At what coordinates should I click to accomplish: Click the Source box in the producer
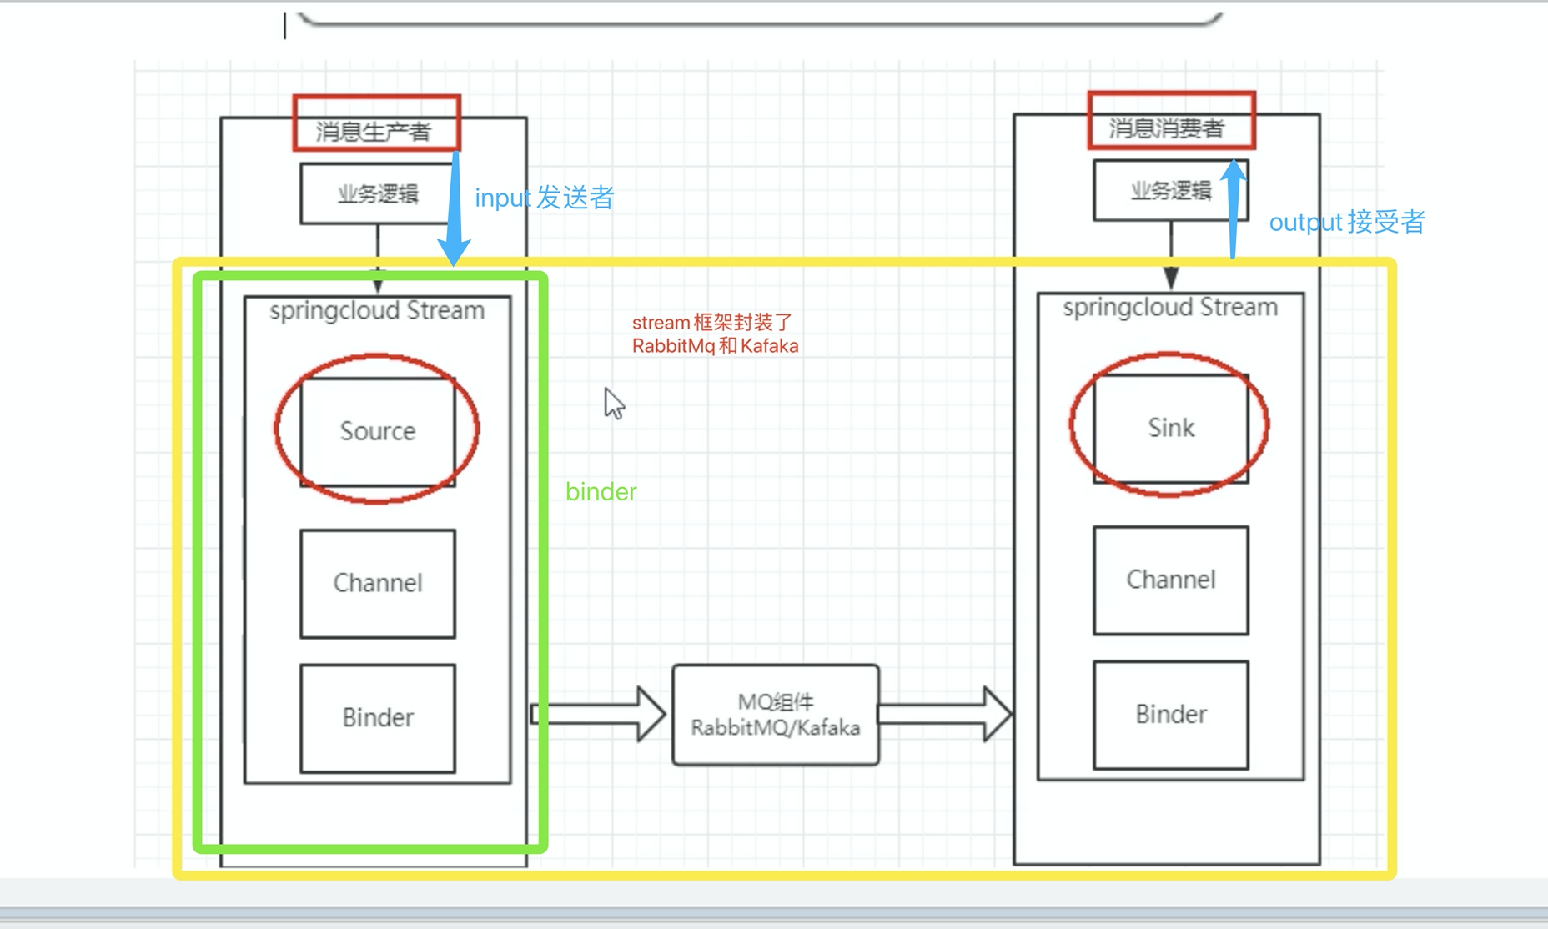click(378, 431)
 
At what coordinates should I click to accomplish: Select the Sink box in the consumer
click(1171, 428)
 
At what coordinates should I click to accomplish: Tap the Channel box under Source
click(378, 583)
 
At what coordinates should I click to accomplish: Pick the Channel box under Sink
click(1171, 580)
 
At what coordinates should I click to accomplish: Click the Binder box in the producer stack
click(378, 718)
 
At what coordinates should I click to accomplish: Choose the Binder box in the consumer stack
click(1171, 715)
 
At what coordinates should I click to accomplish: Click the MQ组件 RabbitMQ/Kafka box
click(776, 715)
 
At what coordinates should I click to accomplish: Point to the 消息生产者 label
click(374, 131)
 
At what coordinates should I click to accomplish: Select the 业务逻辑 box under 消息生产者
click(377, 194)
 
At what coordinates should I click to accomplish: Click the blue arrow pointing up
click(1234, 208)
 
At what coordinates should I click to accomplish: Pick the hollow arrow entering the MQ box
click(601, 714)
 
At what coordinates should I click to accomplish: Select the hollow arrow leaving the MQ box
click(947, 714)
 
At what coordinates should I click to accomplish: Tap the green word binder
click(601, 492)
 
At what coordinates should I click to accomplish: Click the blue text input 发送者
click(544, 198)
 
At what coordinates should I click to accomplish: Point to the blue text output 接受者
click(1346, 223)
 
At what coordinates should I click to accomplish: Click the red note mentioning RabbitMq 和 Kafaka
click(715, 334)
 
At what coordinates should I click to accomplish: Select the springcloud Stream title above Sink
click(1170, 308)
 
